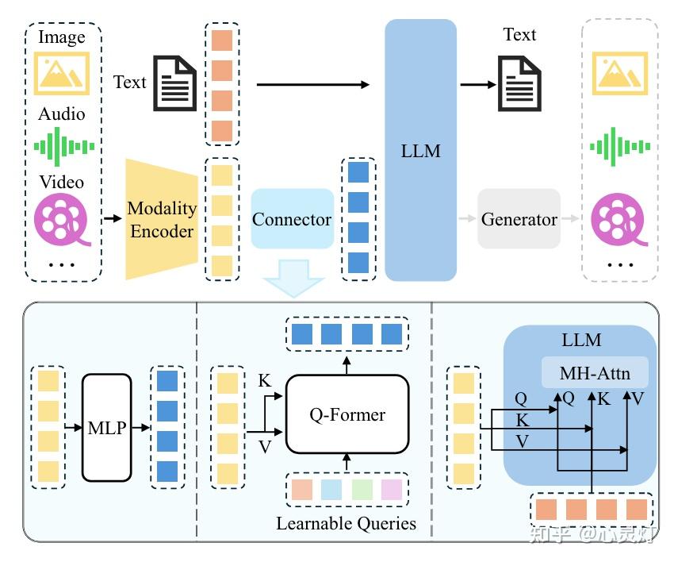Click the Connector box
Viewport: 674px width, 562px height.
coord(293,218)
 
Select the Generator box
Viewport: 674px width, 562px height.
coord(519,218)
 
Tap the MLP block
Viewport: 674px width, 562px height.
coord(106,427)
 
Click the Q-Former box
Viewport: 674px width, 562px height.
coord(347,414)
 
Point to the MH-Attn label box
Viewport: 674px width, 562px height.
coord(595,372)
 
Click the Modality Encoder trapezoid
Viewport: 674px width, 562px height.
coord(162,219)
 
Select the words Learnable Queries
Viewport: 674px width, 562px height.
coord(346,523)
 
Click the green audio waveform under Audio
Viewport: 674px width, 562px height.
coord(64,147)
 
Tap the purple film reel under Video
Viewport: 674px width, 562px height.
coord(62,219)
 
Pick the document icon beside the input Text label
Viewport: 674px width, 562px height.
coord(175,83)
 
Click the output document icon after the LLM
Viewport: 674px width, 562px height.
coord(519,83)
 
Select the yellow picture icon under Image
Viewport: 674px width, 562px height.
coord(62,73)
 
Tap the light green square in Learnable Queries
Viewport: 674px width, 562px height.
coord(362,490)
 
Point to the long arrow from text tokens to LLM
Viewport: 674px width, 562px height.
coord(313,84)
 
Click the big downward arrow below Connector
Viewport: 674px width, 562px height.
coord(293,278)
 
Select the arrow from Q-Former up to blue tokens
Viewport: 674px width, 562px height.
coord(347,365)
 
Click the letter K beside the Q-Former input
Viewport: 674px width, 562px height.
coord(264,381)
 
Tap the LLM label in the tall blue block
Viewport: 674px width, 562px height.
coord(420,151)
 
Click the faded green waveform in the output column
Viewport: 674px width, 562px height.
coord(620,147)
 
